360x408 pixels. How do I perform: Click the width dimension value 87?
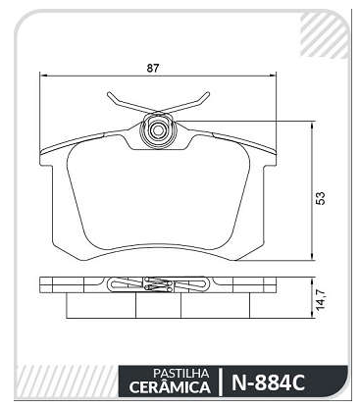152,69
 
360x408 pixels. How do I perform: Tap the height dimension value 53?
322,198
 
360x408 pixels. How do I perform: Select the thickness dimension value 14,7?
321,299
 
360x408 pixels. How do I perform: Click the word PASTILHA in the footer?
180,373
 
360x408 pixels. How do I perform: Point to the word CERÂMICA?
170,387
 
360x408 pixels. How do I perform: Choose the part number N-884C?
268,382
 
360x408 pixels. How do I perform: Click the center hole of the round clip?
157,130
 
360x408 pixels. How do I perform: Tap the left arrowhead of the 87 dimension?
43,76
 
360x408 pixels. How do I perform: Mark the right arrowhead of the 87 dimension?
273,76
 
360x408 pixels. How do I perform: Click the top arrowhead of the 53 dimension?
313,126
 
